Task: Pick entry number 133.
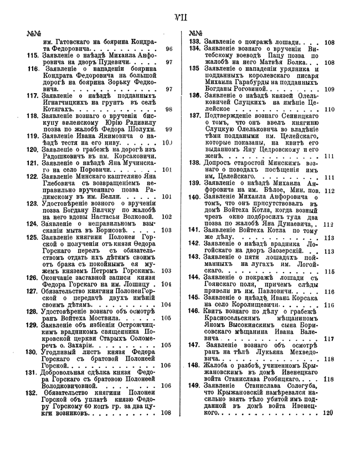pyautogui.click(x=195, y=42)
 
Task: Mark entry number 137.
pyautogui.click(x=194, y=117)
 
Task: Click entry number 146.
pyautogui.click(x=194, y=311)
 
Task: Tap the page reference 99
pyautogui.click(x=168, y=130)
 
